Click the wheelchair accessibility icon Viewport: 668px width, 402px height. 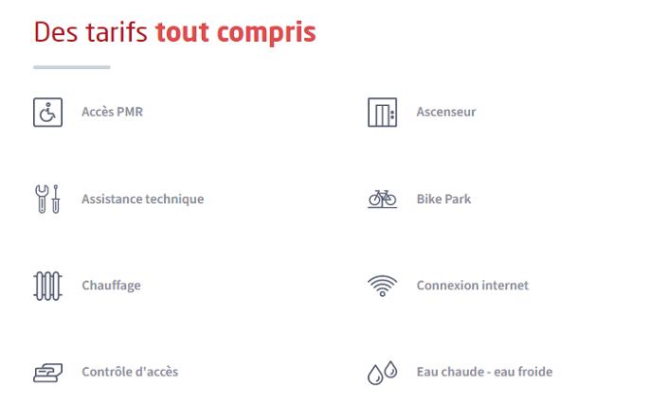pos(47,113)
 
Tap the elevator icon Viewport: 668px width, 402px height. pos(382,113)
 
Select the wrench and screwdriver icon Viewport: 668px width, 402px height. pos(47,199)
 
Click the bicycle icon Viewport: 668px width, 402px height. pos(382,199)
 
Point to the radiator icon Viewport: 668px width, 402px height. pos(47,286)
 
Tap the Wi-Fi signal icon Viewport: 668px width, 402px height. pos(382,286)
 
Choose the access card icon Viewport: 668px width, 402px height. pos(47,373)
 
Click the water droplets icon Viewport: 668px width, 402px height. pos(382,373)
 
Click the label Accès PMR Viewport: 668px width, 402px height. pos(112,112)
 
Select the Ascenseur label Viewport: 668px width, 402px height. pos(446,112)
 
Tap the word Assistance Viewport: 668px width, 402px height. pos(112,199)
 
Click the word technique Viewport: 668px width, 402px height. pos(174,200)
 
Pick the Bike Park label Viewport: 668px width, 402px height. pos(444,199)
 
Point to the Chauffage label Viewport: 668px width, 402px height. pos(111,286)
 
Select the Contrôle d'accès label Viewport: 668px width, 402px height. pos(130,372)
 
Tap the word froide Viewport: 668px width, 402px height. pos(535,372)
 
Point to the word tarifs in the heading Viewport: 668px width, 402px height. pos(117,32)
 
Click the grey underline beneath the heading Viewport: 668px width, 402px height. pos(72,67)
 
